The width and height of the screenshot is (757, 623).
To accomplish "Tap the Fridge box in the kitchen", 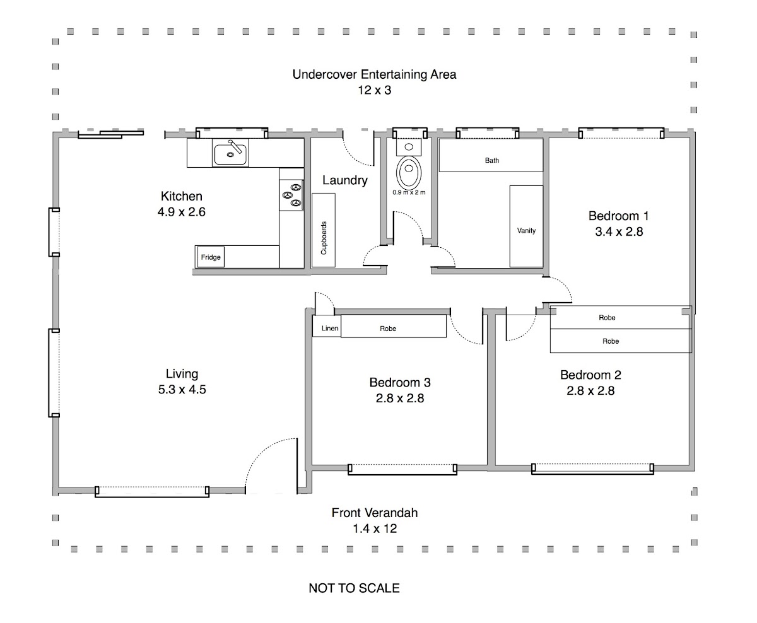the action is click(x=211, y=257).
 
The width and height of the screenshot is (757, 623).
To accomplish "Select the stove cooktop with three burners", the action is click(x=291, y=195).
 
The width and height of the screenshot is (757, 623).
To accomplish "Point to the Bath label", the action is click(x=492, y=160).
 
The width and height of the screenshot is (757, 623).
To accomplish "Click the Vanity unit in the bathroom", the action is click(x=526, y=226).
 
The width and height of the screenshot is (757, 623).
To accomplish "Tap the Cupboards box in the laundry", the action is click(x=324, y=230).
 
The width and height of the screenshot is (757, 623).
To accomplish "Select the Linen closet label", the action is click(x=330, y=329).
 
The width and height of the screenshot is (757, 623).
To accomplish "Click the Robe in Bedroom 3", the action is click(x=394, y=326).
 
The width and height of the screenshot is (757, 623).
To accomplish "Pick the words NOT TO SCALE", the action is click(x=354, y=588).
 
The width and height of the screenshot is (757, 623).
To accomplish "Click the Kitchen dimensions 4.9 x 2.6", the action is click(x=181, y=212).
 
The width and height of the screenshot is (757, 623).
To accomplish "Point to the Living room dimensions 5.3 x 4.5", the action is click(x=182, y=390).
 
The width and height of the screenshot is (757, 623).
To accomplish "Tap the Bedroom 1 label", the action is click(x=618, y=216).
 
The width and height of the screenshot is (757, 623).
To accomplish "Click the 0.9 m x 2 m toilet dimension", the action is click(x=409, y=192).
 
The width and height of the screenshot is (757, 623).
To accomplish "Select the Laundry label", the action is click(x=345, y=180).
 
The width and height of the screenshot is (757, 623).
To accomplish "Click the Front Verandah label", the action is click(x=374, y=513).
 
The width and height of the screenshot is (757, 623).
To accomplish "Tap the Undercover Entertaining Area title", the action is click(x=374, y=74).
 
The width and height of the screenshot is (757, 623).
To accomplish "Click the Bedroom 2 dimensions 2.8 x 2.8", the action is click(x=590, y=390).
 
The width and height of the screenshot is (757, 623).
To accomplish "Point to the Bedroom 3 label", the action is click(x=400, y=383).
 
